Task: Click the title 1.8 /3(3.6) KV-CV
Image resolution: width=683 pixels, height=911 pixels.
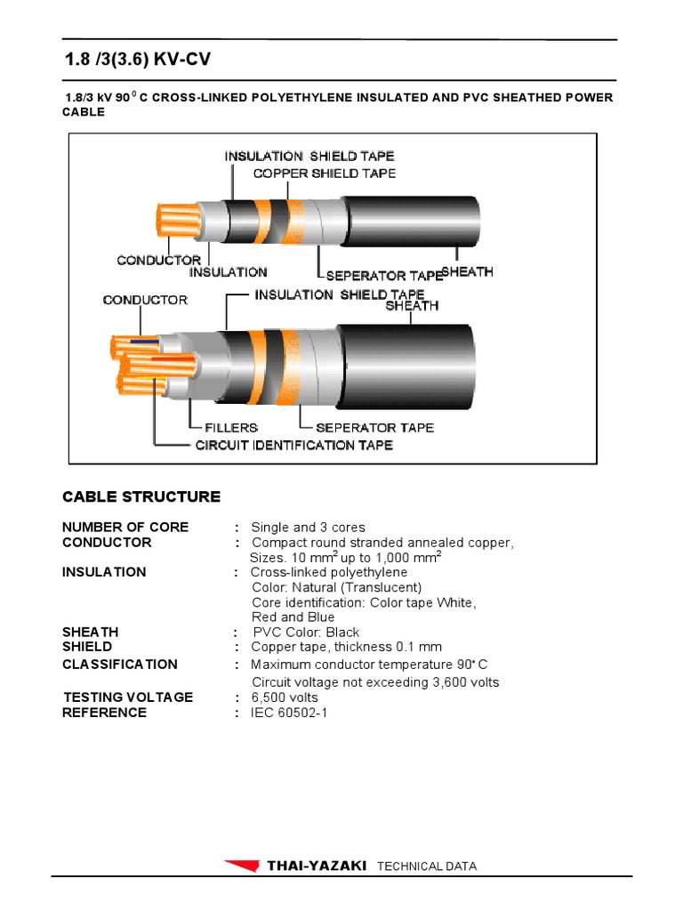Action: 139,60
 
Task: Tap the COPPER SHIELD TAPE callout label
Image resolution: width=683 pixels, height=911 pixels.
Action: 325,173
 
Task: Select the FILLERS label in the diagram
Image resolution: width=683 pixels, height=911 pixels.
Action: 231,428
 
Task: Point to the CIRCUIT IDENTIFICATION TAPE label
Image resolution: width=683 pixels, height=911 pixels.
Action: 293,445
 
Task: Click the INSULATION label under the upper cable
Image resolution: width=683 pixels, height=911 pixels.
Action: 228,272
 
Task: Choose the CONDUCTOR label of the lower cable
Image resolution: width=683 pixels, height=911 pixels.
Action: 145,300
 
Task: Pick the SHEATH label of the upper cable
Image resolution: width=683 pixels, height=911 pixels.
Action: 467,272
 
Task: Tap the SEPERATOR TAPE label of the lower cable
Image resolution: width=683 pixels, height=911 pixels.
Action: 374,428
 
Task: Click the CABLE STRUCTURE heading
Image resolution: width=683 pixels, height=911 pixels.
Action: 141,496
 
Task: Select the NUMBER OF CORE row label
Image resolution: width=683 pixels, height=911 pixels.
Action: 125,528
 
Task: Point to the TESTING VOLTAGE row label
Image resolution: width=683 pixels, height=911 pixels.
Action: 127,697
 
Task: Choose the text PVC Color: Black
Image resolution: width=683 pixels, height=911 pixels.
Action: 306,633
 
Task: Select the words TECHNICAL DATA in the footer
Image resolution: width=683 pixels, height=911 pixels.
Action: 427,867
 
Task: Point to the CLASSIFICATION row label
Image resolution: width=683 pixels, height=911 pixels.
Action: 119,665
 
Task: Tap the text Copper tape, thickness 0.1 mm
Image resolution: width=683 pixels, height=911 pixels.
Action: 346,647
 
